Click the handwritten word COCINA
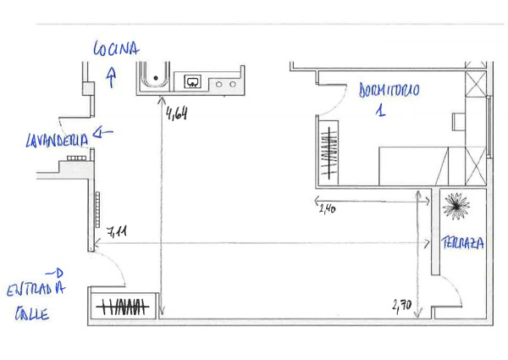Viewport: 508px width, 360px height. point(116,48)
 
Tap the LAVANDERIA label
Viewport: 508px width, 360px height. point(57,141)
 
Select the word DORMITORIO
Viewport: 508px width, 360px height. point(389,90)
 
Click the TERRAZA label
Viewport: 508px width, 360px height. point(462,243)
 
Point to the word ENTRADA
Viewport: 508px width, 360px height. point(36,289)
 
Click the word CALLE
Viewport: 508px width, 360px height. point(32,313)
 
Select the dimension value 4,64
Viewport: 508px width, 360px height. point(177,114)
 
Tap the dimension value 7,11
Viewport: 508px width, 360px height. point(117,232)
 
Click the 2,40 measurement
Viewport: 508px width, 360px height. point(327,209)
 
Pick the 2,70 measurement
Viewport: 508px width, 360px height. point(402,306)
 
